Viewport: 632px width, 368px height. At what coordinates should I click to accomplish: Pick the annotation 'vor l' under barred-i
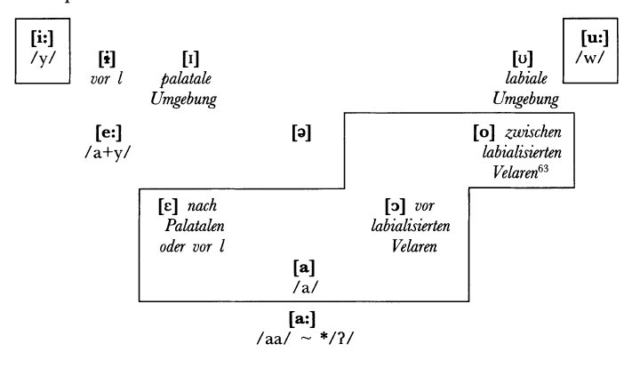pyautogui.click(x=108, y=77)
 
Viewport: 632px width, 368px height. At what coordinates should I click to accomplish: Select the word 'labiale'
pyautogui.click(x=526, y=77)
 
